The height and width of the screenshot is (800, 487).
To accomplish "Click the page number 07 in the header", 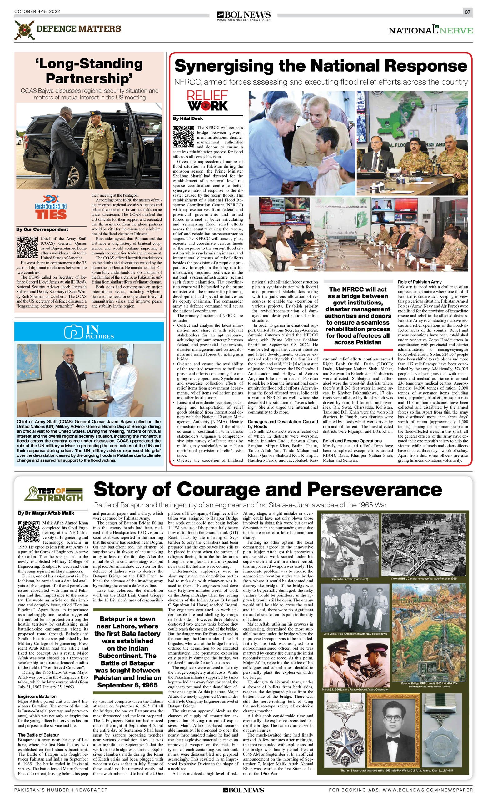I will tap(467, 12).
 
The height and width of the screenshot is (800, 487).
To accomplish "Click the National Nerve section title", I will tap(430, 30).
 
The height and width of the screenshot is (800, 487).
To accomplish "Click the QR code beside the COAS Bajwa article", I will tap(27, 247).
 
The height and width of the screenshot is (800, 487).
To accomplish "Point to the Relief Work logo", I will tap(207, 101).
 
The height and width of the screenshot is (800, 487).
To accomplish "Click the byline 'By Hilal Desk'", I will tap(188, 118).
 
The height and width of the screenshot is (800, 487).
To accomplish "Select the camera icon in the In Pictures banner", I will tap(74, 332).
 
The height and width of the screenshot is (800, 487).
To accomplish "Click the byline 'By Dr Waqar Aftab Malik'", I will tap(46, 513).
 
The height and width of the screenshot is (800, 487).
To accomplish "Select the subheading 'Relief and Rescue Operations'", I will tap(352, 441).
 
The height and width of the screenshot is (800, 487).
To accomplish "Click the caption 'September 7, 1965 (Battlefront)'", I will tap(349, 579).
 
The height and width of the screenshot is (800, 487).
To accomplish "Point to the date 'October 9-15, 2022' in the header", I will tap(37, 12).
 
